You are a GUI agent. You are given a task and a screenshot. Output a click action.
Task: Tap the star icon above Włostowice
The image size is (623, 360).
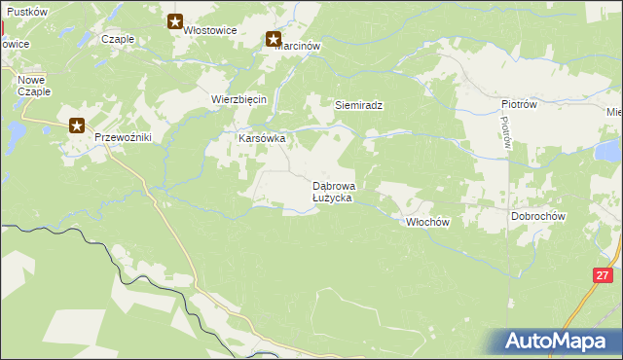(175, 20)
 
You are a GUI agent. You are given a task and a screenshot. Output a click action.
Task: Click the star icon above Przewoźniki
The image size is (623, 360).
(77, 125)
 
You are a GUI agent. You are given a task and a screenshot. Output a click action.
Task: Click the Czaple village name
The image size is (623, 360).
(117, 40)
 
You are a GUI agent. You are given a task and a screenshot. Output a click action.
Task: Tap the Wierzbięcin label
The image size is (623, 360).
(239, 99)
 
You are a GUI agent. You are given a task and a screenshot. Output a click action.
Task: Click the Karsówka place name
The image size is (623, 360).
(262, 138)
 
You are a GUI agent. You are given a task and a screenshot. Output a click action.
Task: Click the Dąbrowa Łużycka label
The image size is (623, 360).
(333, 191)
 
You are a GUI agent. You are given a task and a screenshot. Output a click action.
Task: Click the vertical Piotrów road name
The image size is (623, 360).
(506, 132)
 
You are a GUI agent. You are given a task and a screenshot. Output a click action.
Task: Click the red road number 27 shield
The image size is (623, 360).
(603, 276)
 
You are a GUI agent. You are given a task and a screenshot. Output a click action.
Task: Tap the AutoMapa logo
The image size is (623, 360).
(559, 342)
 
